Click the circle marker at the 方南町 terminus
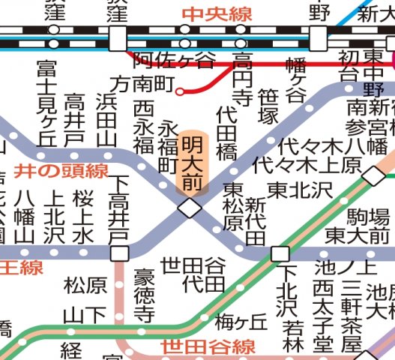(180, 92)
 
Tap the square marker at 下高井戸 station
(118, 253)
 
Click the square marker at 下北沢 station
(280, 253)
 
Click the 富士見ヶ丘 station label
(46, 104)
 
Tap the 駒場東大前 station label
(367, 226)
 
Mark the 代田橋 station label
(227, 133)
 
